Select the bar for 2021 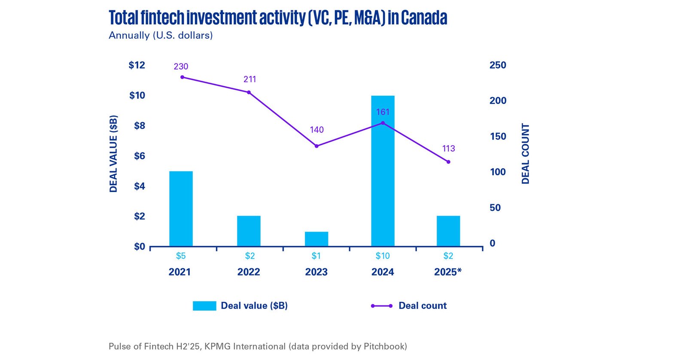coord(181,209)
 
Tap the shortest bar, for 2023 coord(316,239)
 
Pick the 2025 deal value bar coord(448,231)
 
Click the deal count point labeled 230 coord(182,77)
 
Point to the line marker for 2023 coord(316,146)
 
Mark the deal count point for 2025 coord(448,162)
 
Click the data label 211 coord(250,79)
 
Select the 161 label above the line coord(383,112)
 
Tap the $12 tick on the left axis coord(137,65)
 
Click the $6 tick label coord(139,156)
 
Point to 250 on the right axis coord(498,65)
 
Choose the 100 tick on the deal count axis coord(498,172)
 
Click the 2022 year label coord(249,272)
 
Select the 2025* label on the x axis coord(448,272)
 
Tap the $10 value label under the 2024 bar coord(383,256)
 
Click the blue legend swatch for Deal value coord(204,306)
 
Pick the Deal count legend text coord(423,306)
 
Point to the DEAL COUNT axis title coord(526,154)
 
